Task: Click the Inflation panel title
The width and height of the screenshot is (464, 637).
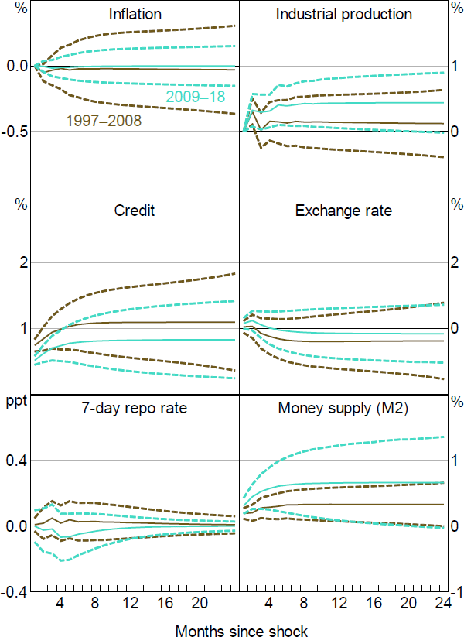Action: tap(136, 14)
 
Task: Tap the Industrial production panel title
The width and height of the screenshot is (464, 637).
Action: tap(343, 14)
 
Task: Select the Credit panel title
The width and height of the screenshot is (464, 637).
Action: tap(136, 211)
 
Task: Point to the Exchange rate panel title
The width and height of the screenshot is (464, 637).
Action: tap(343, 211)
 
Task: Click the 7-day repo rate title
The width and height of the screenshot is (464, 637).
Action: tap(136, 408)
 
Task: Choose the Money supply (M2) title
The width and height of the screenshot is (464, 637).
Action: tap(343, 408)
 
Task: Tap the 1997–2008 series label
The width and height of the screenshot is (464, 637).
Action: tap(104, 120)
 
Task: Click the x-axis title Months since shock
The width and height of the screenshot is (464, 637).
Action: tap(241, 630)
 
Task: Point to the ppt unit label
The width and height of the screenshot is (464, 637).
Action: tap(15, 402)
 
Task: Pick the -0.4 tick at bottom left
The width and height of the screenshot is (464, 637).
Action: tap(16, 591)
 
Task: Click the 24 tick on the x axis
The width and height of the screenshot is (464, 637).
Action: tap(442, 604)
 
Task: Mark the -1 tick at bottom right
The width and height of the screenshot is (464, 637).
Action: tap(456, 591)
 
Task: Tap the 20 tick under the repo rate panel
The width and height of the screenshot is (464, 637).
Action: tap(200, 604)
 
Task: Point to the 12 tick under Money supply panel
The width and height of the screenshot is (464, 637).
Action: tap(339, 604)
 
